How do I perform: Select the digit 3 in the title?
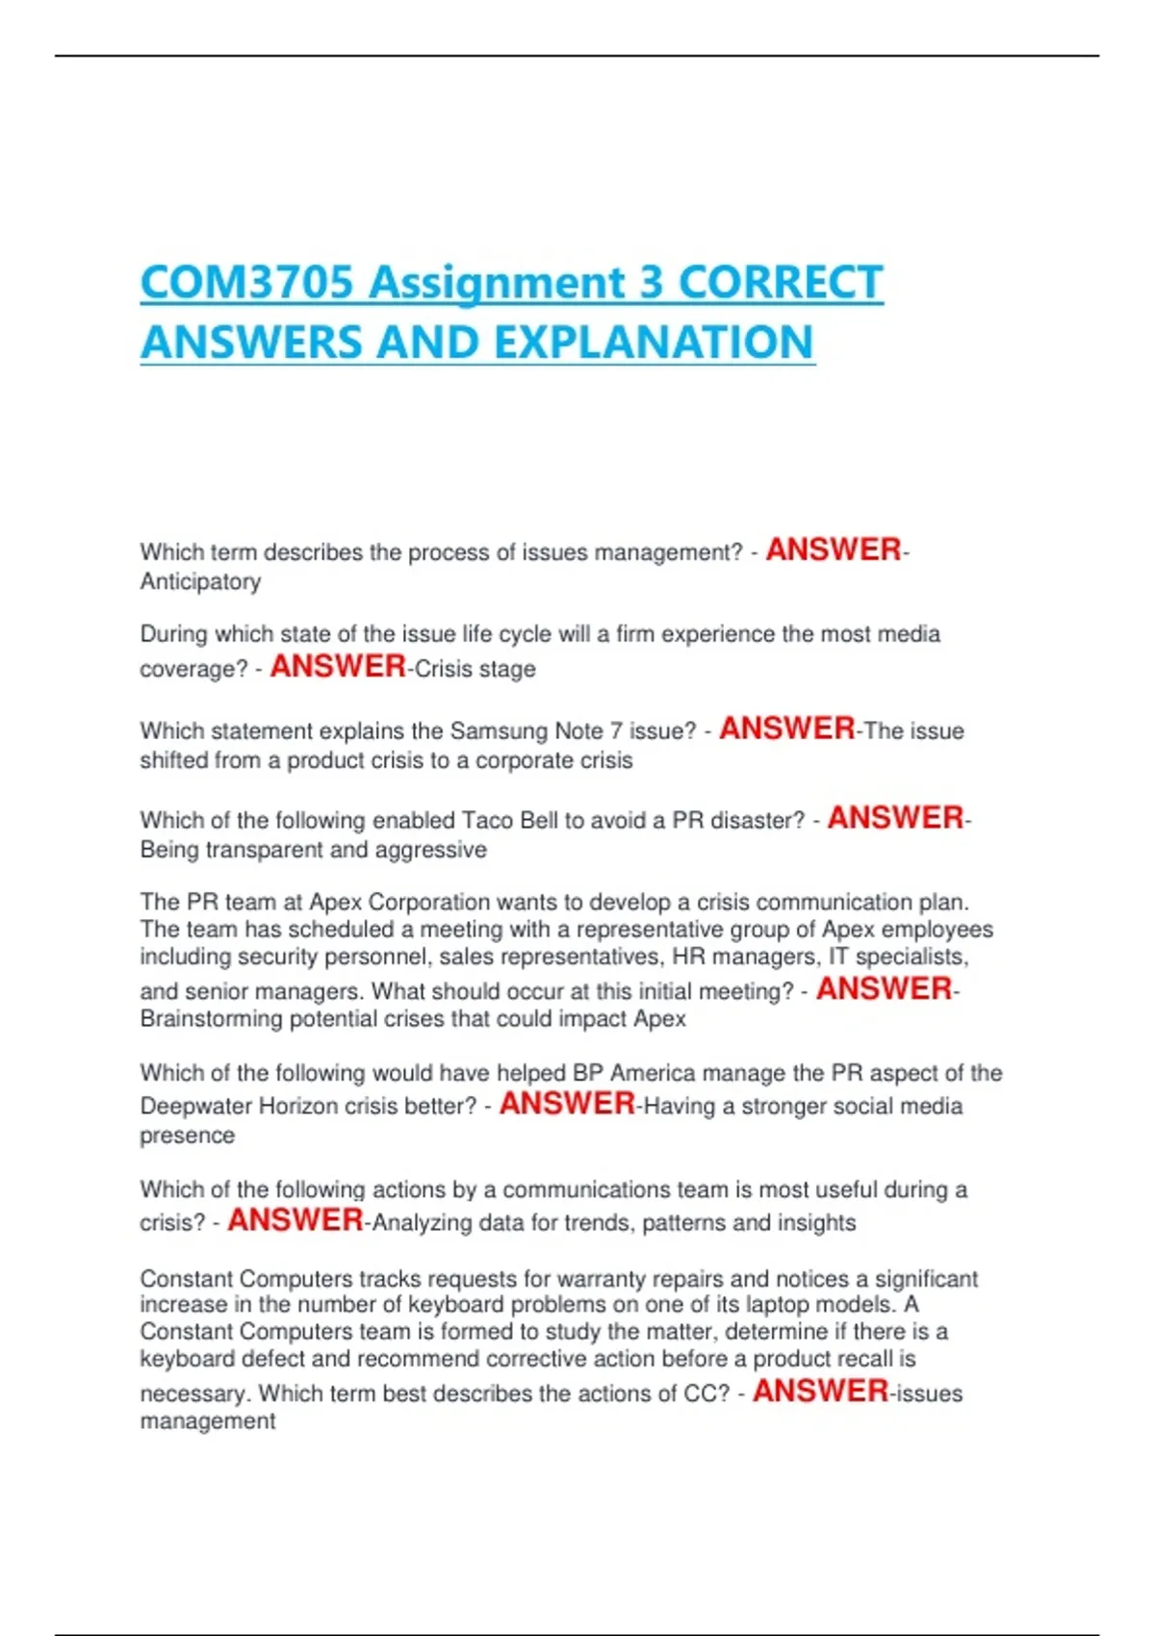651,283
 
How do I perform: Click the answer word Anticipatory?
200,582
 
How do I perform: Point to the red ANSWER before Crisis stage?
338,666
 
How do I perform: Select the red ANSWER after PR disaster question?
895,818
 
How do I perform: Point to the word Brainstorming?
211,1019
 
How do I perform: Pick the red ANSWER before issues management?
820,1391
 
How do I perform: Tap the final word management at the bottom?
208,1421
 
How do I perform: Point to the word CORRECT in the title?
781,283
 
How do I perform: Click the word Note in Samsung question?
577,731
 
